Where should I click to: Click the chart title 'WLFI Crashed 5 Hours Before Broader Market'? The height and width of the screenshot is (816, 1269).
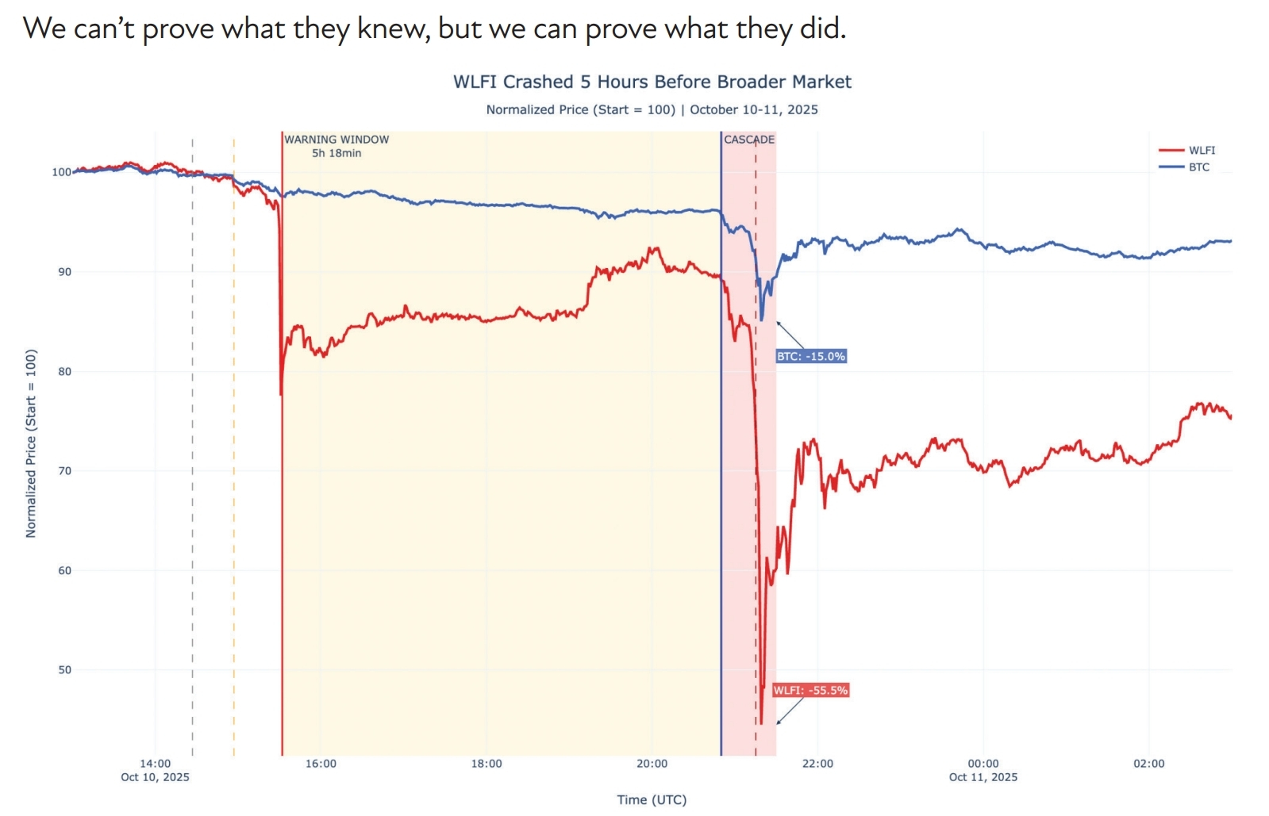tap(652, 82)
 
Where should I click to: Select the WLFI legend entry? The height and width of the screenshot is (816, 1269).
tap(1201, 150)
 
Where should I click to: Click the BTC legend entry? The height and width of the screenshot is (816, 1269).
tap(1198, 167)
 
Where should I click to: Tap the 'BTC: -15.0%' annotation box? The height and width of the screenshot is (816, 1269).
tap(810, 357)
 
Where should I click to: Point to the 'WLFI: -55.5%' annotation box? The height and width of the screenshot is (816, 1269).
tap(810, 691)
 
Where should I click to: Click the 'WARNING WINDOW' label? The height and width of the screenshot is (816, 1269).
tap(336, 140)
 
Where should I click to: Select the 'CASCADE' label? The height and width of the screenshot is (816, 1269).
tap(748, 140)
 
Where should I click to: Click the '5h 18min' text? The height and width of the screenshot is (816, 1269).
tap(336, 153)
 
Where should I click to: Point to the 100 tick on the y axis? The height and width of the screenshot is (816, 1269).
tap(61, 172)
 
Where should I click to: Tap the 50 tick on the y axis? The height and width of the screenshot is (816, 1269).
tap(64, 670)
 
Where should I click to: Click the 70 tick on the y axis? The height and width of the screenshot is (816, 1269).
tap(64, 471)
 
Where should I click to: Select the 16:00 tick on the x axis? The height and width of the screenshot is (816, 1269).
tap(321, 764)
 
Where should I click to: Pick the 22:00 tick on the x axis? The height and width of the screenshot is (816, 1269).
tap(817, 764)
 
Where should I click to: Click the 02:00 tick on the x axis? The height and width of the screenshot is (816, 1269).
tap(1148, 764)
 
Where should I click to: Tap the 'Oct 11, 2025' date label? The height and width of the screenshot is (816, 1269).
tap(983, 777)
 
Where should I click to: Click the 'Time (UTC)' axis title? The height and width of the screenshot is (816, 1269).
tap(652, 799)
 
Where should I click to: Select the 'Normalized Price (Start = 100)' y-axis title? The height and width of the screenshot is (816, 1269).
tap(31, 443)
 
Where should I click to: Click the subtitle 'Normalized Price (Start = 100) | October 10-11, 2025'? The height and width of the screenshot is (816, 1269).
tap(652, 109)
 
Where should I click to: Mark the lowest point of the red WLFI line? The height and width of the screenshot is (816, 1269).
tap(761, 723)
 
